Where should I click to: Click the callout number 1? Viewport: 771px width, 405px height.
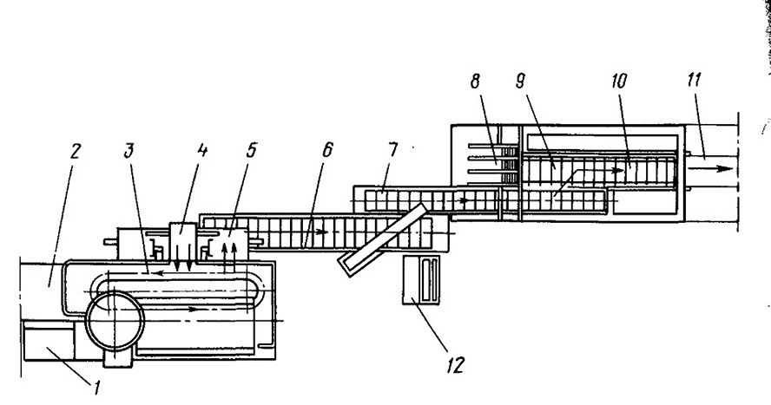[x=97, y=389]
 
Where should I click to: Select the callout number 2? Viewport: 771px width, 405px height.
[x=74, y=152]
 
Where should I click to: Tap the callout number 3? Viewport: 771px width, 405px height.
[x=128, y=151]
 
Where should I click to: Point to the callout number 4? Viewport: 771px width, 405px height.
[x=201, y=150]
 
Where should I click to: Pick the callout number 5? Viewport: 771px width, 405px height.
[x=251, y=150]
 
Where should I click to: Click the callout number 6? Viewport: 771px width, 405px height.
[x=327, y=150]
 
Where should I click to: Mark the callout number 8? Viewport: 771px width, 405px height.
[x=475, y=82]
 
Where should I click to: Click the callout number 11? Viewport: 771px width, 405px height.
[x=694, y=80]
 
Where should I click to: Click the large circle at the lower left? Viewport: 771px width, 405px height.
[x=115, y=321]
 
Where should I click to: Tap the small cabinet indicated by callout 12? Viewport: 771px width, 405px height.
[x=421, y=280]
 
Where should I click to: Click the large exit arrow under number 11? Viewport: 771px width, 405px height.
[x=710, y=168]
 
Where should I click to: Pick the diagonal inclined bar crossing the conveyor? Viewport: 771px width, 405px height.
[x=382, y=239]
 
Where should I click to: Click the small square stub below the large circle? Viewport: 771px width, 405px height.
[x=118, y=358]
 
